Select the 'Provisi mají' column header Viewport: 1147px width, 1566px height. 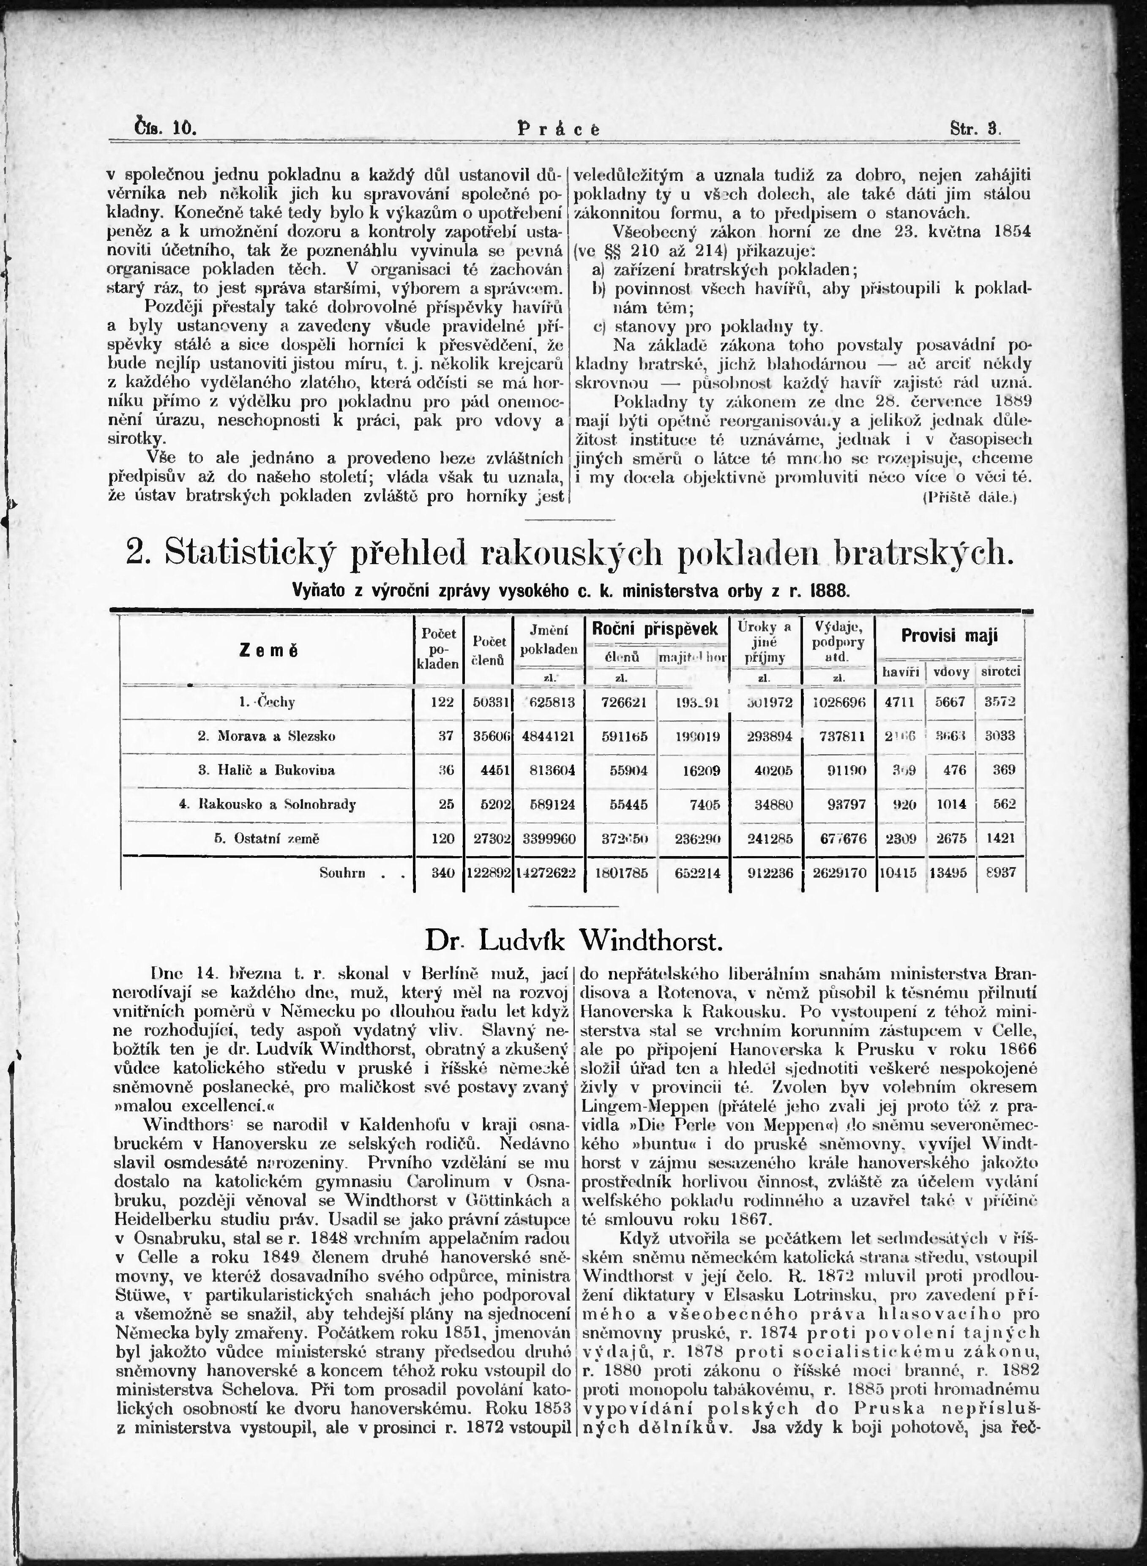click(949, 635)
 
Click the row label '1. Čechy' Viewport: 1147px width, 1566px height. click(267, 702)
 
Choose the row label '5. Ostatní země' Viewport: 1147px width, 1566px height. click(267, 838)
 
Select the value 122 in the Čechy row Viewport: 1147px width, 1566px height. click(442, 702)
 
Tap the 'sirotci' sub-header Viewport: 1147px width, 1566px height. click(1000, 671)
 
